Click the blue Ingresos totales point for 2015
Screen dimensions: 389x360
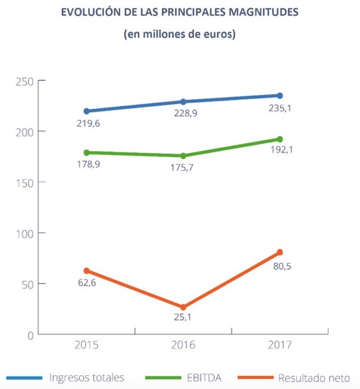(86, 111)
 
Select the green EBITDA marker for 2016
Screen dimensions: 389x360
(183, 156)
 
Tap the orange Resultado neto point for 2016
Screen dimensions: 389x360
(183, 308)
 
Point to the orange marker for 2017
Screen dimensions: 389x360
(280, 252)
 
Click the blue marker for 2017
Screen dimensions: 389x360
(280, 96)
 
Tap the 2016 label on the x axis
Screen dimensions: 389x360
(183, 345)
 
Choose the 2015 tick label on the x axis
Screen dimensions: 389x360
(87, 345)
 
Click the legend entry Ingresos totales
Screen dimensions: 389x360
(87, 378)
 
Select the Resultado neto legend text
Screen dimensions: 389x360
(310, 378)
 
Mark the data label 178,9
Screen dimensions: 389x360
(87, 164)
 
